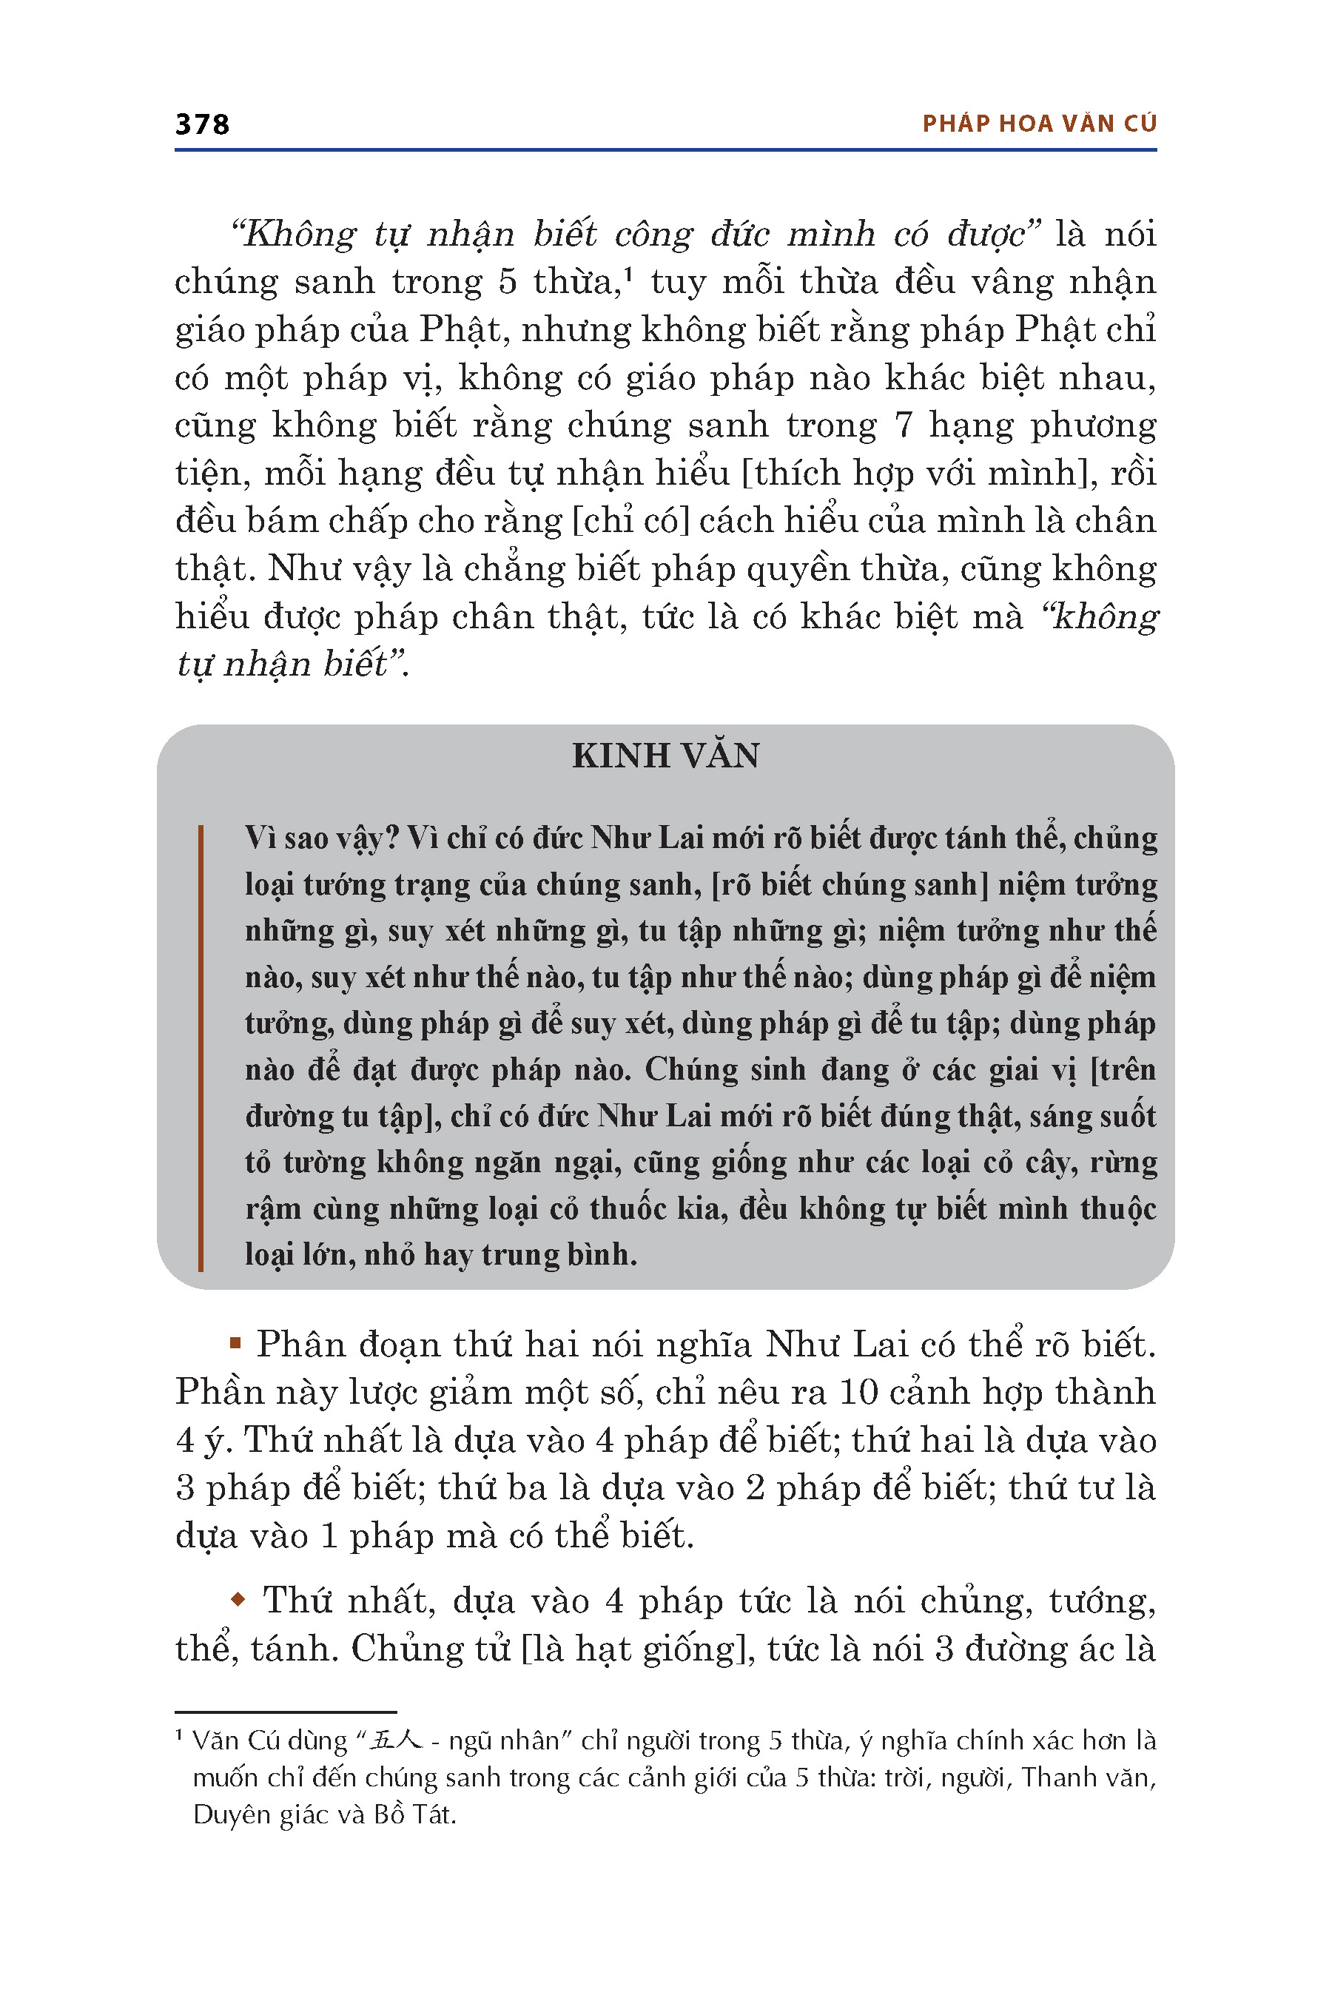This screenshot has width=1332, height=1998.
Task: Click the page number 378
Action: pyautogui.click(x=202, y=124)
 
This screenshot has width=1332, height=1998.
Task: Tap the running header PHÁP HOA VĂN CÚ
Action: pyautogui.click(x=1039, y=124)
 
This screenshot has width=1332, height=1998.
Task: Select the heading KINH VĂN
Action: pyautogui.click(x=665, y=756)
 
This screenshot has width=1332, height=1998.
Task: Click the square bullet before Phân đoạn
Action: pyautogui.click(x=236, y=1343)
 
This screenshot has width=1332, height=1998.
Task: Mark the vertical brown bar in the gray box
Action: pyautogui.click(x=201, y=1046)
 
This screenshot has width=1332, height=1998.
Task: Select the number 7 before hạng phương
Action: pyautogui.click(x=903, y=425)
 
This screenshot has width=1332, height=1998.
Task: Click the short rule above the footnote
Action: pyautogui.click(x=286, y=1712)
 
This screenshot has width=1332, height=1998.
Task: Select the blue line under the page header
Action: pyautogui.click(x=665, y=150)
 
